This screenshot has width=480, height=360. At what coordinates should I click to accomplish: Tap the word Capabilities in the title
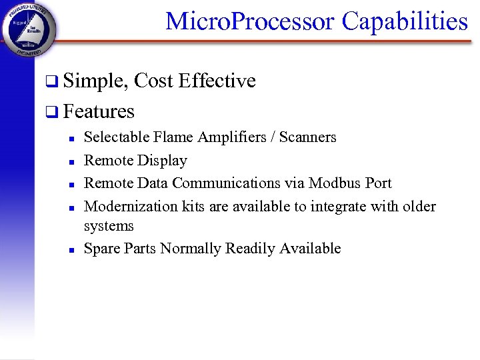coord(405,21)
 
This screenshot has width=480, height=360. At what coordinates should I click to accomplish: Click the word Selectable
coord(117,137)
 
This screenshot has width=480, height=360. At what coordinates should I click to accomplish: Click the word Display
coord(163,161)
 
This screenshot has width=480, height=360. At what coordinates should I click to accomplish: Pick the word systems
coord(109,226)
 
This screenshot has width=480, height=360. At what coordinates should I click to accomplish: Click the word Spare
coord(101,249)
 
